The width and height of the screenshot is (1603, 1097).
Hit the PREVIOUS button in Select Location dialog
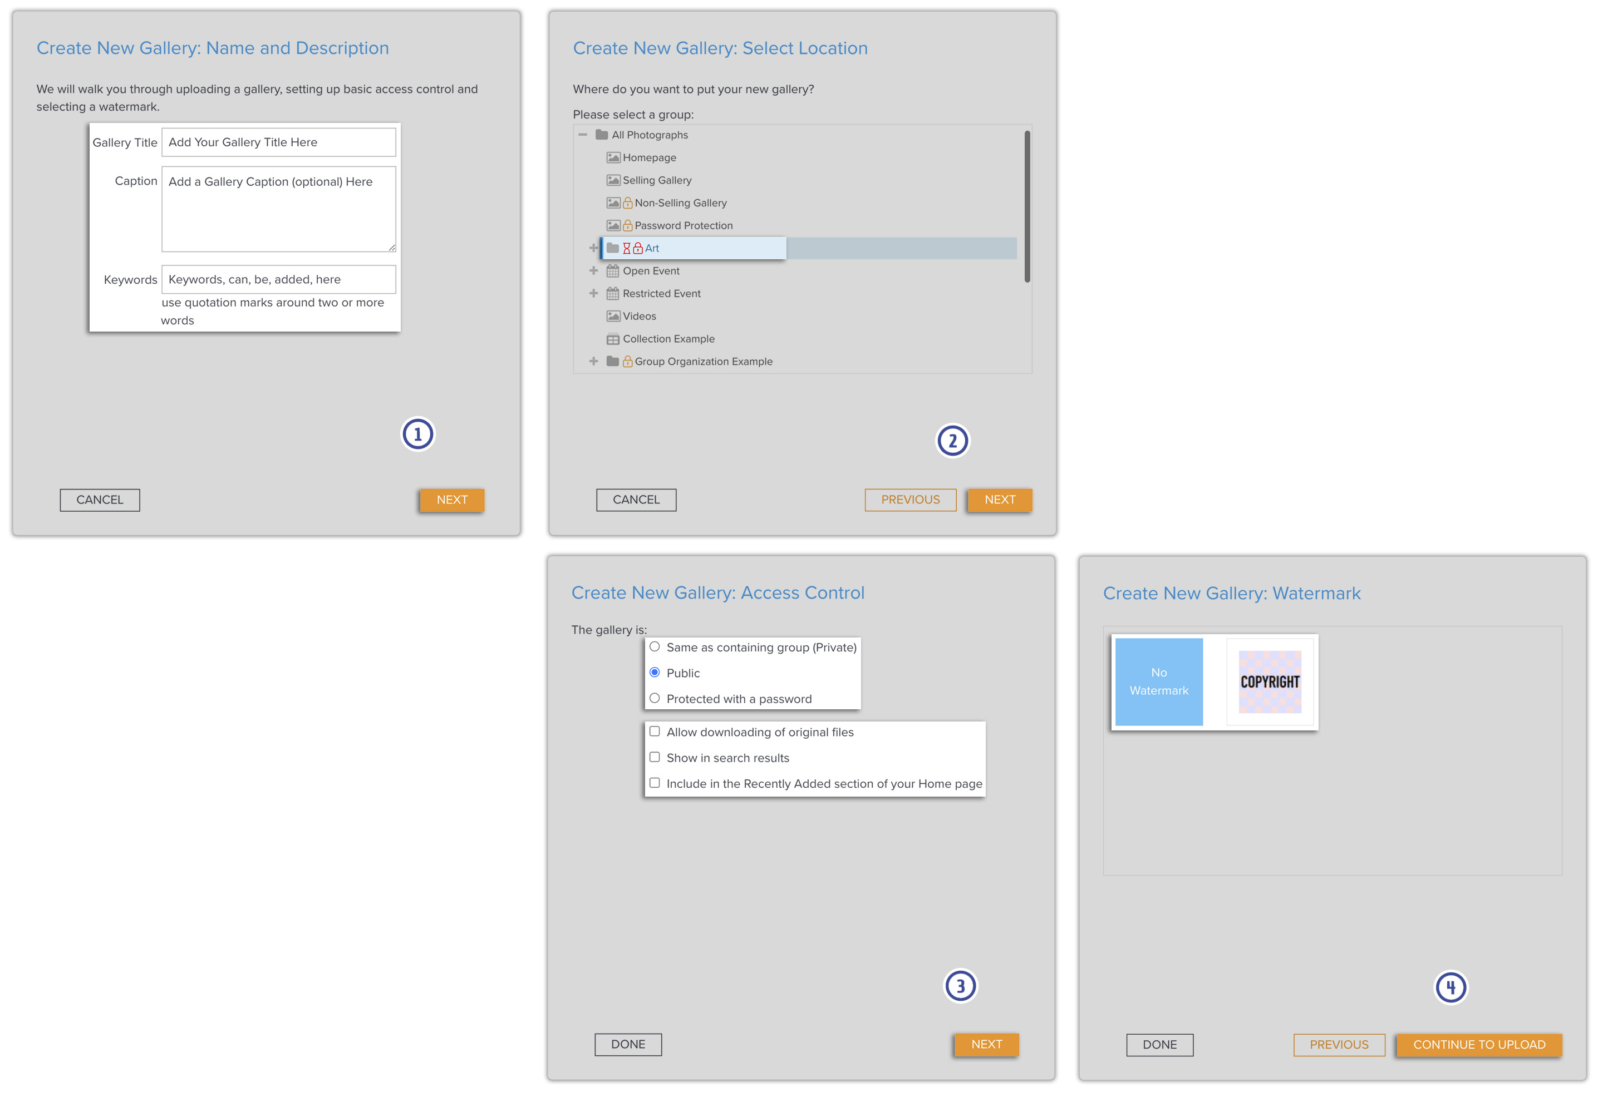tap(910, 500)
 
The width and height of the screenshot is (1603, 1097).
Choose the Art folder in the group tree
tap(652, 248)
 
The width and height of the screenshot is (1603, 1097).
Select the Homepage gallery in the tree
tap(648, 158)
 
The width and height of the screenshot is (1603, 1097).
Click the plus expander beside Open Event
tap(593, 271)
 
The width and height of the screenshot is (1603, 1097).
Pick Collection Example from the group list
tap(668, 339)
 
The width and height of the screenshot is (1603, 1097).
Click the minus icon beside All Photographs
tap(583, 135)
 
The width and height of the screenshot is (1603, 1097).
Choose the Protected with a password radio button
tap(655, 699)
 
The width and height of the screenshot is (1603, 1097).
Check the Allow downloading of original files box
tap(655, 732)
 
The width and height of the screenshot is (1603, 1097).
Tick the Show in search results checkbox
tap(655, 757)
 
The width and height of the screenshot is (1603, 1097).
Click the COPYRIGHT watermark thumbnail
tap(1269, 682)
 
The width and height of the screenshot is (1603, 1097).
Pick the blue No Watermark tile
tap(1158, 682)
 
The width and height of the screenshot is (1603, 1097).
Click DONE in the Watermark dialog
tap(1159, 1045)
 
